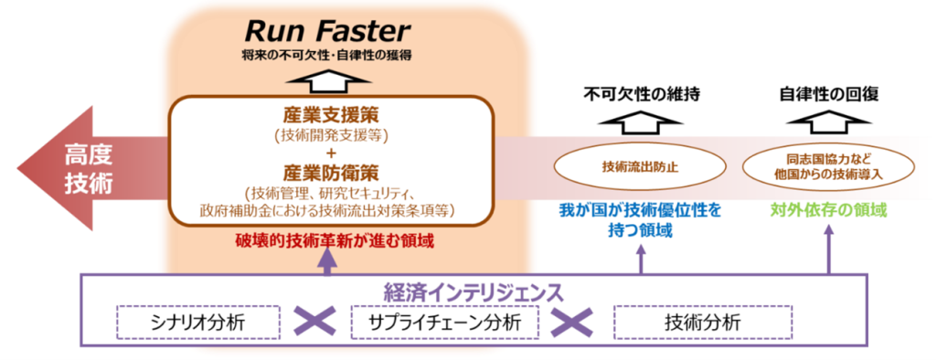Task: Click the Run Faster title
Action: pyautogui.click(x=329, y=32)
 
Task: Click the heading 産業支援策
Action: pyautogui.click(x=332, y=118)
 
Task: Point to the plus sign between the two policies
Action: pyautogui.click(x=332, y=154)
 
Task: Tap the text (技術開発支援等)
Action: pyautogui.click(x=332, y=136)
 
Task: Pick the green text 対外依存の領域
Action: pyautogui.click(x=828, y=211)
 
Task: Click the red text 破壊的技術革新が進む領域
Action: pyautogui.click(x=331, y=240)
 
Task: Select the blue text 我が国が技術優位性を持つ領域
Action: pyautogui.click(x=640, y=220)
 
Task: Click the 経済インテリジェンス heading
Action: pyautogui.click(x=471, y=291)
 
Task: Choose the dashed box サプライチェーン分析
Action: pyautogui.click(x=444, y=322)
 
